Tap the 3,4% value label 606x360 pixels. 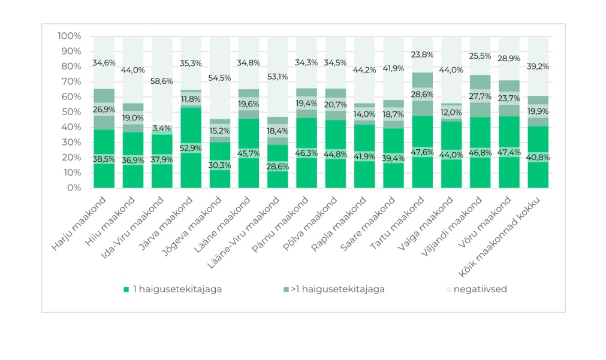tap(162, 128)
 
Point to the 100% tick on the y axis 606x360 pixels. tap(70, 37)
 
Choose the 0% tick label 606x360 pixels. tap(74, 188)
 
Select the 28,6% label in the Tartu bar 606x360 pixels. tap(423, 95)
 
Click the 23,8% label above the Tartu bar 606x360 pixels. tap(423, 55)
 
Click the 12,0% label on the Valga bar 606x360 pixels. tap(453, 112)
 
